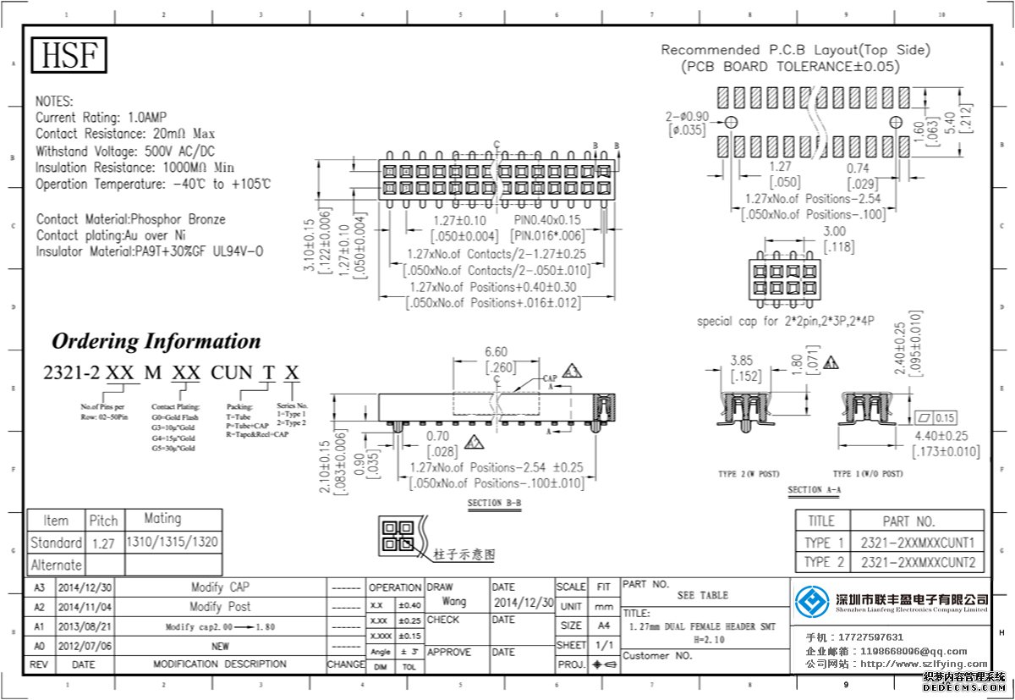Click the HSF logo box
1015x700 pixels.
(x=70, y=55)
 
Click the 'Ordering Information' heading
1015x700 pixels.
(x=156, y=341)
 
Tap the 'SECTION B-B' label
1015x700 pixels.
(x=494, y=504)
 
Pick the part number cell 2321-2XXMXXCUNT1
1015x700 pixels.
(x=918, y=542)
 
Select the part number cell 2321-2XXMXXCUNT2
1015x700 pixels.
(x=918, y=562)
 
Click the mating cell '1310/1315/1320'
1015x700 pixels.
(x=173, y=542)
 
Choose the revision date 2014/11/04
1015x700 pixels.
(x=84, y=607)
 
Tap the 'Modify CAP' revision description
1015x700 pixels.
(x=219, y=587)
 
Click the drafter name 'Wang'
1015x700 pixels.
(x=454, y=602)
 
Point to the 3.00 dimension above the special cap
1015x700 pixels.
(x=834, y=231)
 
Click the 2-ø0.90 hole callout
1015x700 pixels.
(x=688, y=117)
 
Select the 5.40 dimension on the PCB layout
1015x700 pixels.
(x=952, y=123)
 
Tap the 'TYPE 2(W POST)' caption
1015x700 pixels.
(x=749, y=473)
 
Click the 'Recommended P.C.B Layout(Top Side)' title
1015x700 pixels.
(x=795, y=50)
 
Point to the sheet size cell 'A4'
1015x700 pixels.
(x=603, y=626)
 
